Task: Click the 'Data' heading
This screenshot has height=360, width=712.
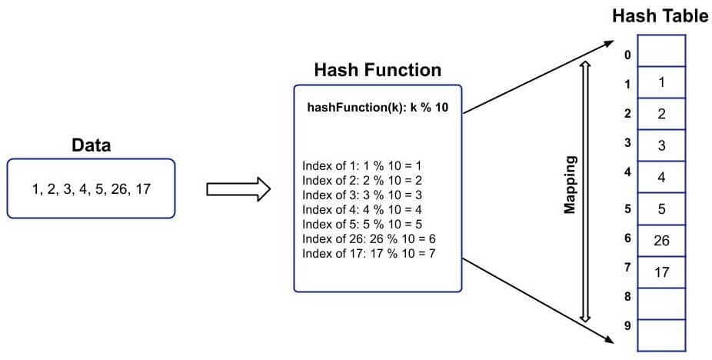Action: pos(91,145)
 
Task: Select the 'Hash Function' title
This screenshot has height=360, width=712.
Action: pos(378,71)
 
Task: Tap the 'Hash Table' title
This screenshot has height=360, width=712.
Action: pos(660,16)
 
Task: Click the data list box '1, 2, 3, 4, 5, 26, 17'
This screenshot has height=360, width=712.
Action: pos(91,188)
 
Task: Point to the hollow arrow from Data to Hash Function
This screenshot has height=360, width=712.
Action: pos(239,188)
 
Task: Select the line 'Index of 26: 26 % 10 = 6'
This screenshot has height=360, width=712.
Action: pos(370,238)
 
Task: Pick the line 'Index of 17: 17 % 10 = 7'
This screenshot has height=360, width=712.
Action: pos(370,253)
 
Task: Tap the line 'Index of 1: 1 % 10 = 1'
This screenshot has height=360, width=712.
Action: pos(364,165)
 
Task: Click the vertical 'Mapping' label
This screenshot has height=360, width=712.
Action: pos(570,186)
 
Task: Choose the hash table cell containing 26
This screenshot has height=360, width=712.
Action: pos(661,240)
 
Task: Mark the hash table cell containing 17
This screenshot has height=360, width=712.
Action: pos(661,272)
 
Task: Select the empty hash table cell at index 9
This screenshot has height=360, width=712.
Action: pos(661,335)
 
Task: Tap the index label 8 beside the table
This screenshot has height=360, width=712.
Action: pos(628,296)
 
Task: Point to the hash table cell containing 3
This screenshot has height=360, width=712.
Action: pos(661,145)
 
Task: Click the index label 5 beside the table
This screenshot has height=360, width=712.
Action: pos(628,208)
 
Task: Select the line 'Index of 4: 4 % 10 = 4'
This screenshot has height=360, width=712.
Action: pos(364,209)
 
